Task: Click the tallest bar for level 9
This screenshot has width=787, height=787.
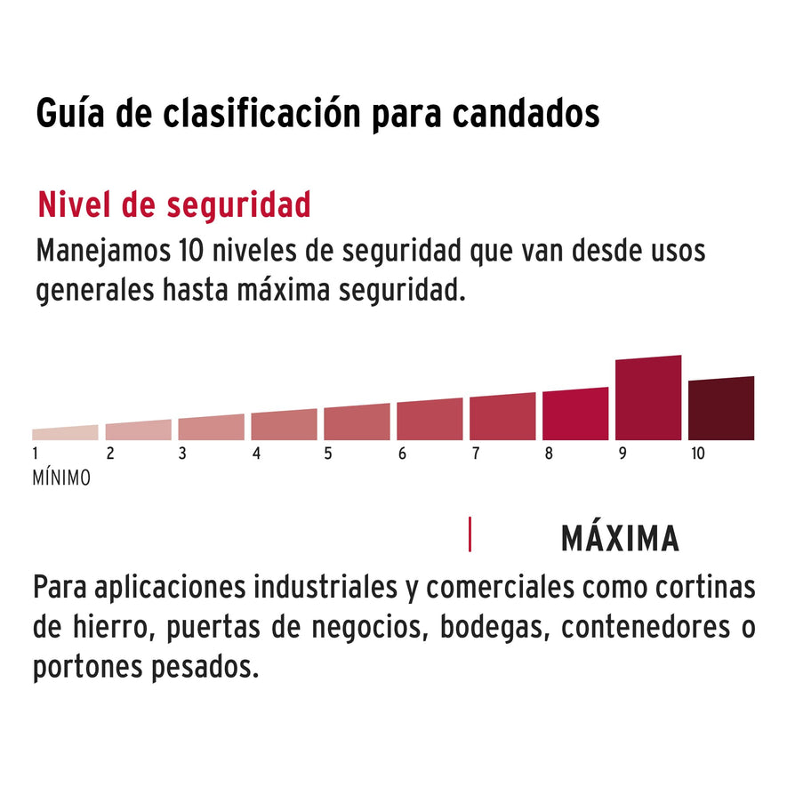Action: click(647, 398)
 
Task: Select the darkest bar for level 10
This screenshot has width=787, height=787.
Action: click(720, 409)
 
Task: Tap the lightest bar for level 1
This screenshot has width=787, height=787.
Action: click(65, 433)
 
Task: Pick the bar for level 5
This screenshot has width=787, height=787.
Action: click(357, 422)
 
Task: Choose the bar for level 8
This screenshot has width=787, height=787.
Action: click(575, 414)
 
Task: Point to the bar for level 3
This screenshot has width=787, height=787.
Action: click(211, 428)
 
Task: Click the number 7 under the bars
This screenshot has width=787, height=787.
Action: click(475, 454)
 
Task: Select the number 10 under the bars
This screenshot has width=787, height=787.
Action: click(697, 454)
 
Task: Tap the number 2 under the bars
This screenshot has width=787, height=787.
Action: click(109, 454)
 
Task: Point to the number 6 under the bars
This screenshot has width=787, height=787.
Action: click(402, 454)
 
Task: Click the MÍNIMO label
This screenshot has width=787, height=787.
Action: click(61, 478)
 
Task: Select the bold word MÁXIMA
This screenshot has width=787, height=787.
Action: click(620, 539)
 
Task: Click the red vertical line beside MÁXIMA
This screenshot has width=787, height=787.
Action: click(470, 534)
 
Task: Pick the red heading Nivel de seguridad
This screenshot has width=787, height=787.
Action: click(173, 205)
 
